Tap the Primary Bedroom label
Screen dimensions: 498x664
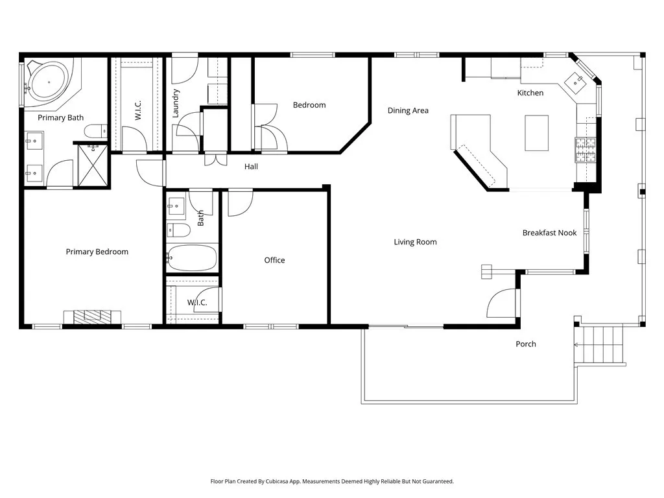(97, 252)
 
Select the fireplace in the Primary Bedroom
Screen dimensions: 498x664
(92, 316)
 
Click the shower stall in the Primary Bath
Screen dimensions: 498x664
(92, 166)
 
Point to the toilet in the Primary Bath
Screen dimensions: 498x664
(95, 131)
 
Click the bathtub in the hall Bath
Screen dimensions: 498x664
(192, 258)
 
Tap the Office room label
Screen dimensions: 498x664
(274, 260)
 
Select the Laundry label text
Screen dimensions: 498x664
(175, 103)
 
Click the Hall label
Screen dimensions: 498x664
(251, 167)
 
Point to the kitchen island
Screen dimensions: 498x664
(536, 132)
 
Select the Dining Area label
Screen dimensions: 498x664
(408, 110)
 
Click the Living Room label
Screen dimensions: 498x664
(415, 242)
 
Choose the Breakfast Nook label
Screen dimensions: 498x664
(549, 232)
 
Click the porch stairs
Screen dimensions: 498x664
(599, 345)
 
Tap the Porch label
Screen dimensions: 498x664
(526, 344)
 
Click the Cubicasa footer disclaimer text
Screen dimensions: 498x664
(332, 481)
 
